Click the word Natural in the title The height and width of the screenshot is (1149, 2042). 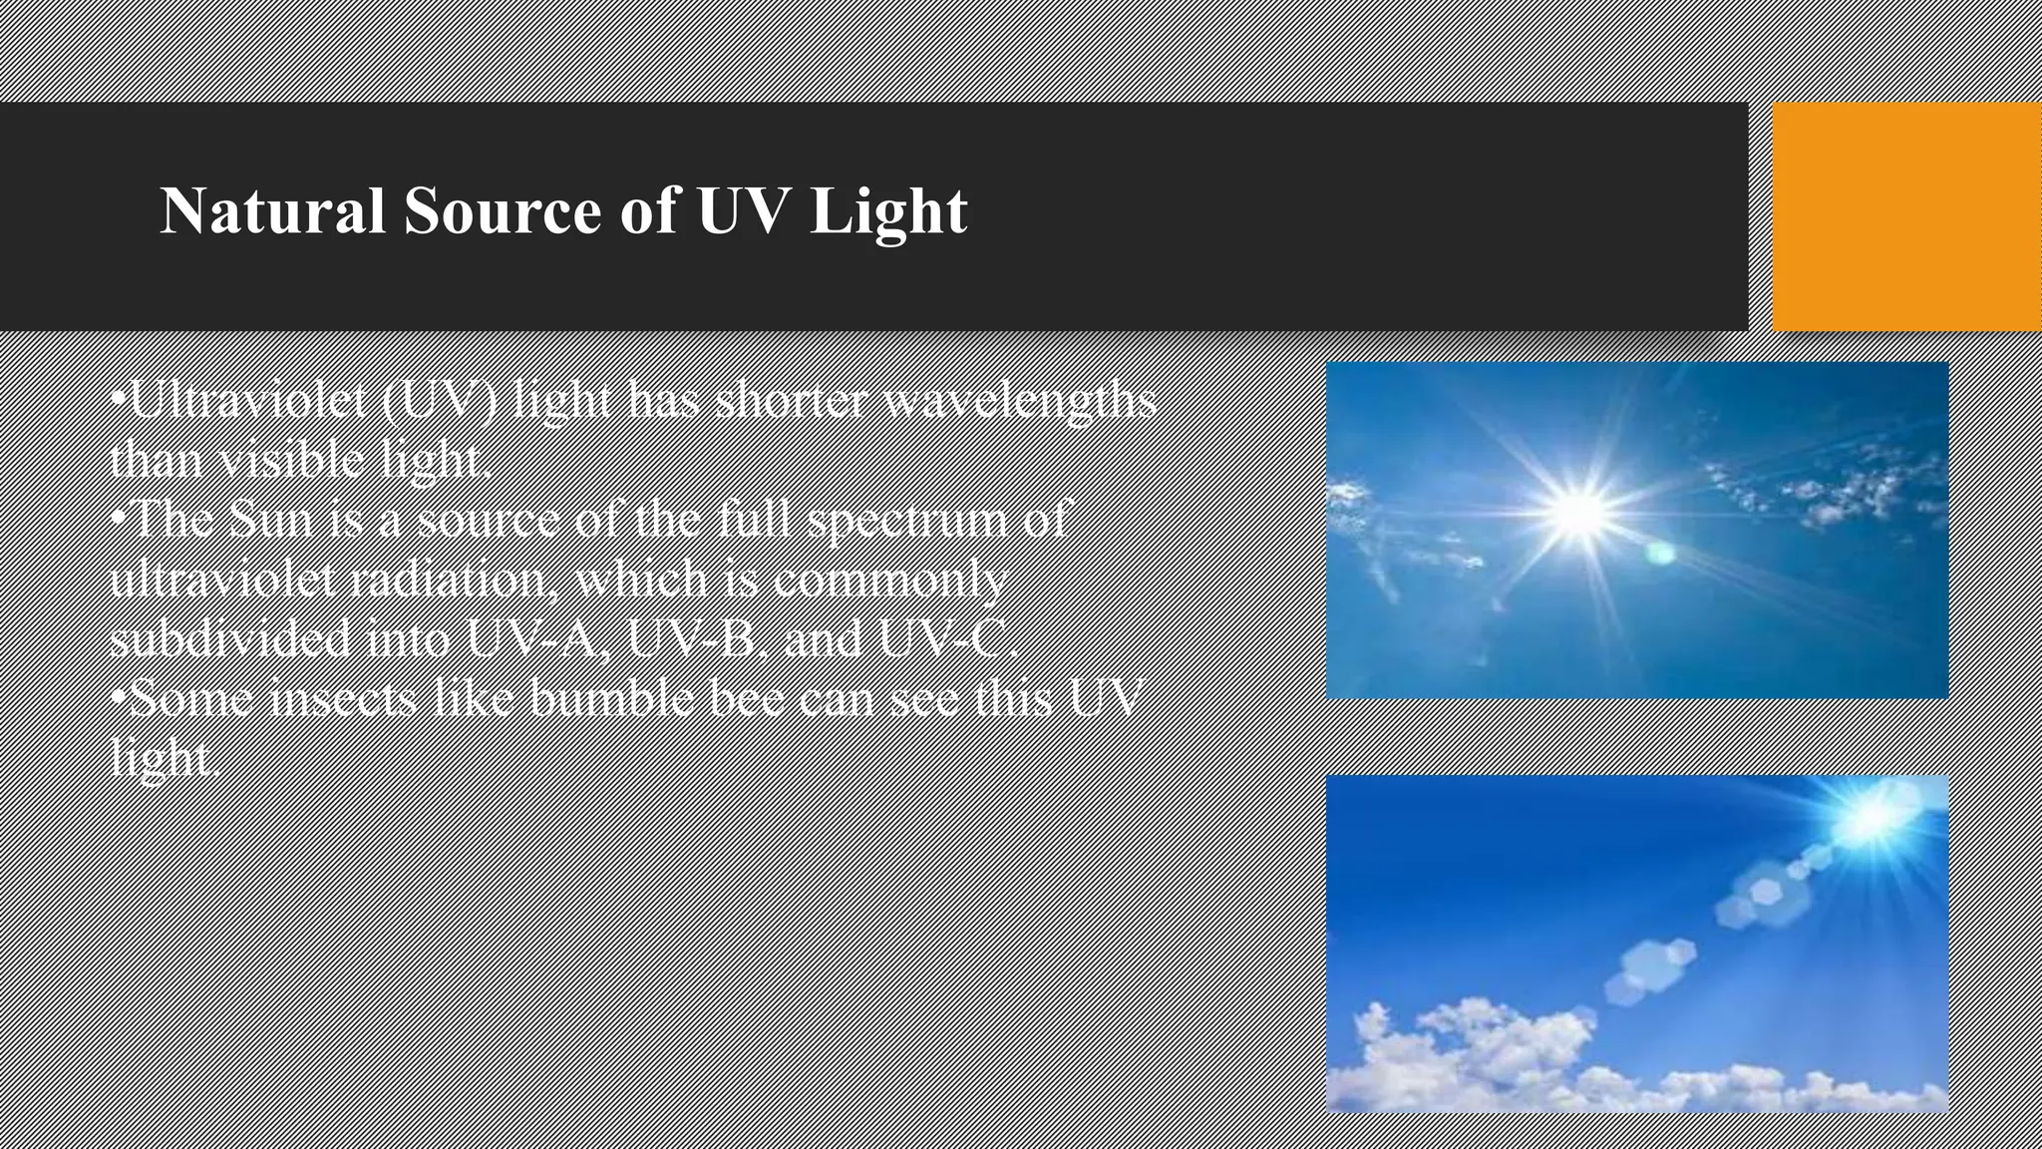(x=272, y=211)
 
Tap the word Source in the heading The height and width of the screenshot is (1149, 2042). (x=503, y=211)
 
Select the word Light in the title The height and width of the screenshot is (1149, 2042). (x=888, y=211)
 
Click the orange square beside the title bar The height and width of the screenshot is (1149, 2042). (x=1906, y=215)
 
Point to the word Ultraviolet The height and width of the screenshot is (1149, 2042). (x=249, y=400)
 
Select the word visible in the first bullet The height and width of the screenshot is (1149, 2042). (x=293, y=460)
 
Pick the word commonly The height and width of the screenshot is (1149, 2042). (x=889, y=579)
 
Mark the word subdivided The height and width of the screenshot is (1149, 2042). (x=230, y=638)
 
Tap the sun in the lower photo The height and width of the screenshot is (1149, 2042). (x=1872, y=817)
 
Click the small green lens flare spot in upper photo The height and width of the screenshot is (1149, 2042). (x=1659, y=552)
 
